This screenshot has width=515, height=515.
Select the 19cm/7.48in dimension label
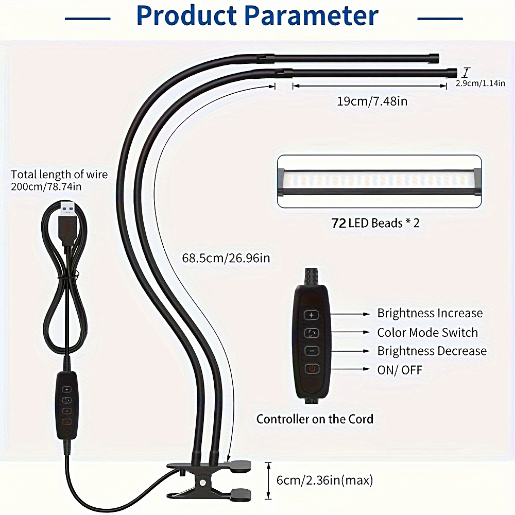coord(372,101)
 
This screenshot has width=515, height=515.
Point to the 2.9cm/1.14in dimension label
coord(480,82)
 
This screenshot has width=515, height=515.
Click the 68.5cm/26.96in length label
coord(226,257)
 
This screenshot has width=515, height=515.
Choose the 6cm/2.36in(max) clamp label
coord(324,480)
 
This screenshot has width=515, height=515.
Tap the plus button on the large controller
coord(312,314)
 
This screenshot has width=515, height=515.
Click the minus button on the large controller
coord(312,351)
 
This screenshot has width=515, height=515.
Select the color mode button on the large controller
coord(312,333)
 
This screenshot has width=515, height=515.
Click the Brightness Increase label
coord(430,313)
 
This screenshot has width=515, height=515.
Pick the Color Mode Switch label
coord(427,333)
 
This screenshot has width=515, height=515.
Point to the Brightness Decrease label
coord(432,351)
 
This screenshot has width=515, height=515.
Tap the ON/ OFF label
coord(400,370)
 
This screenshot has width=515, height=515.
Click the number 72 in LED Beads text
coord(339,223)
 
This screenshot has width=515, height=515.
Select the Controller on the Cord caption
coord(315,419)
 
